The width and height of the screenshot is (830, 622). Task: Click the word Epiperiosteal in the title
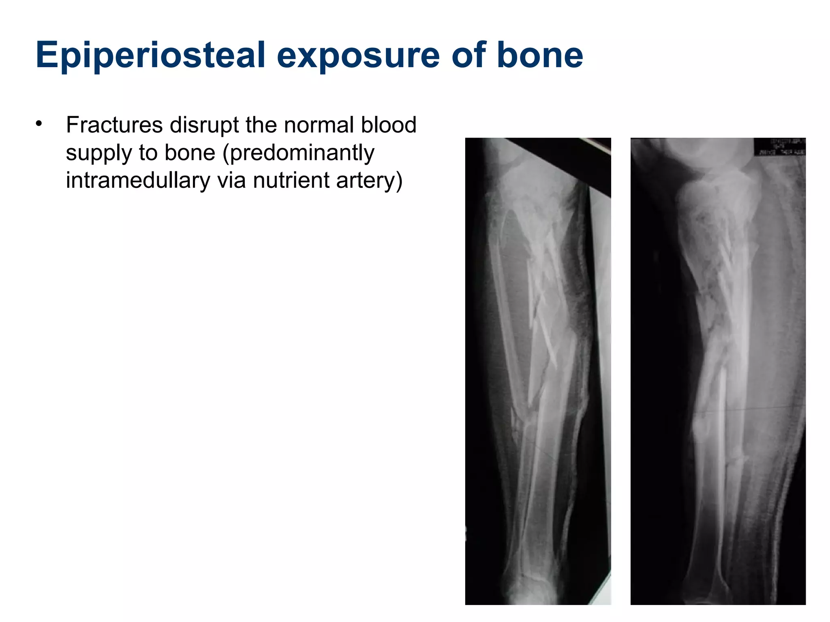point(150,55)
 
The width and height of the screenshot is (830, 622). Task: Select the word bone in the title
point(539,55)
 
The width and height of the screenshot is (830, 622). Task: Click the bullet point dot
point(39,123)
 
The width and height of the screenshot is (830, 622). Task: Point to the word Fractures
point(114,125)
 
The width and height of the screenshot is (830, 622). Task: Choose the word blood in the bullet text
point(389,125)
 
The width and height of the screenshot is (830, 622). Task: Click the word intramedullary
point(138,180)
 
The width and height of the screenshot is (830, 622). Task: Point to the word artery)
point(370,180)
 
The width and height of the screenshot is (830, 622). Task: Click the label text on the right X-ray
point(779,147)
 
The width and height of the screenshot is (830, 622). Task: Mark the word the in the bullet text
point(262,125)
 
